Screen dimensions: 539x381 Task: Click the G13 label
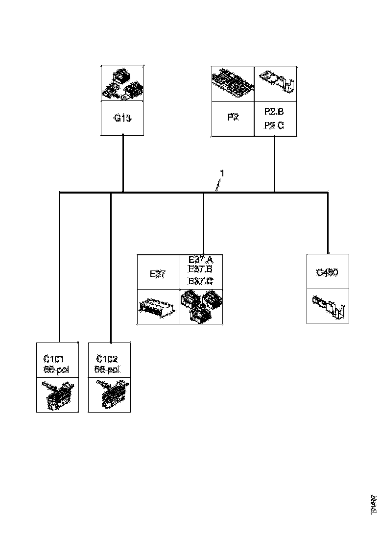[x=122, y=118]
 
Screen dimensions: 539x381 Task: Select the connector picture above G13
[x=122, y=84]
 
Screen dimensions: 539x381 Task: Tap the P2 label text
[x=233, y=118]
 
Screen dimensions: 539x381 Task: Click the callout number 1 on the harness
[x=222, y=173]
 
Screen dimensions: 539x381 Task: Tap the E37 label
[x=159, y=273]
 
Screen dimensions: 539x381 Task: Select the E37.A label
[x=201, y=259]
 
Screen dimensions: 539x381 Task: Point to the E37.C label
[x=201, y=281]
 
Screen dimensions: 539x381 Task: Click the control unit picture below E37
[x=159, y=307]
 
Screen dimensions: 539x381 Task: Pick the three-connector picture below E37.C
[x=202, y=307]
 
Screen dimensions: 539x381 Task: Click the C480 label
[x=328, y=272]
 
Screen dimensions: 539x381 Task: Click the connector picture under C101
[x=57, y=395]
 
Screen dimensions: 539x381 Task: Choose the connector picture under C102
[x=109, y=395]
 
